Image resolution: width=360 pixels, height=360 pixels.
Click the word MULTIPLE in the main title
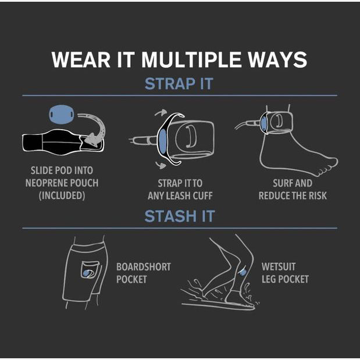[x=191, y=59]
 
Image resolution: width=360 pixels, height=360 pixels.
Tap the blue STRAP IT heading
[x=179, y=84]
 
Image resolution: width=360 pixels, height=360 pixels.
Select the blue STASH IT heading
[x=180, y=216]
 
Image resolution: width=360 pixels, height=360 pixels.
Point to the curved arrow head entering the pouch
[x=92, y=140]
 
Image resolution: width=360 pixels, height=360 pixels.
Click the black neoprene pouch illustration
[x=63, y=142]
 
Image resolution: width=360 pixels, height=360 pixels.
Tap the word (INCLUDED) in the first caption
[x=62, y=195]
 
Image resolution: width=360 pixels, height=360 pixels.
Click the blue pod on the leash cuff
[x=162, y=141]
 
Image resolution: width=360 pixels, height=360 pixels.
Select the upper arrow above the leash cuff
[x=161, y=112]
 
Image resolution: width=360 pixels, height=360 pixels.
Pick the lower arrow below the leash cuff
[x=161, y=165]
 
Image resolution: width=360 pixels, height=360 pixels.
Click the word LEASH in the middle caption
[x=179, y=196]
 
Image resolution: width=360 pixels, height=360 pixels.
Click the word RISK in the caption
[x=318, y=196]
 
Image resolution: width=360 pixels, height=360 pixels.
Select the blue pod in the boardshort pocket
[x=86, y=273]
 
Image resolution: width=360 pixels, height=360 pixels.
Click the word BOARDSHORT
[x=144, y=267]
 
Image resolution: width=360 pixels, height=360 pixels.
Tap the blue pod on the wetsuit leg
[x=243, y=273]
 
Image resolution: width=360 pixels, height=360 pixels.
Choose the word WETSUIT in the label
[x=279, y=267]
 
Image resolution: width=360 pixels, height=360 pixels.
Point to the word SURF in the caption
[x=282, y=183]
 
